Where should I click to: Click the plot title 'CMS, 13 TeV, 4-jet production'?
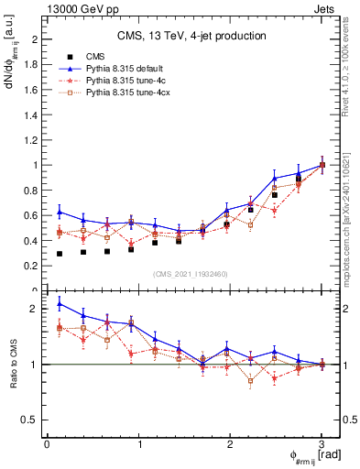(x=191, y=36)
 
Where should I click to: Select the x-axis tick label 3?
(x=322, y=444)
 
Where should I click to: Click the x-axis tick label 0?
(x=47, y=444)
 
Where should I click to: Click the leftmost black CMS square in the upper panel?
(x=60, y=254)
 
